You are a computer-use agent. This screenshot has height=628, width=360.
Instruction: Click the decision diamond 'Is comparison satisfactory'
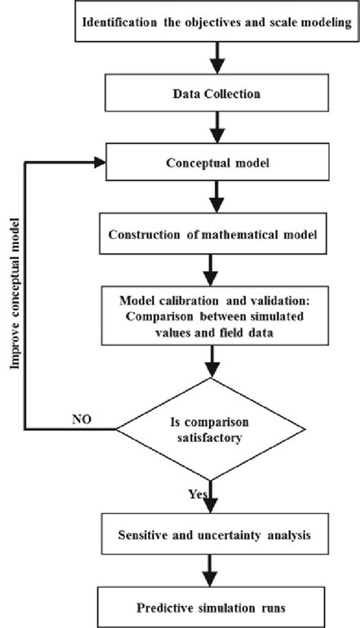(216, 429)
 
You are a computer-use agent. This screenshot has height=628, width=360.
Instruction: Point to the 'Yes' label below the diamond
(199, 494)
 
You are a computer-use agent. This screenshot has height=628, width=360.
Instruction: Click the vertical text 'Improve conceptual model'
(14, 296)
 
